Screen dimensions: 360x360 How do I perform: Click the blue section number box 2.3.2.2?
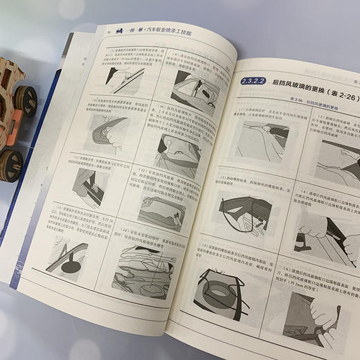[x=252, y=82]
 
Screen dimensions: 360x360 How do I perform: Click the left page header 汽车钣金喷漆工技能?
[x=159, y=32]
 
